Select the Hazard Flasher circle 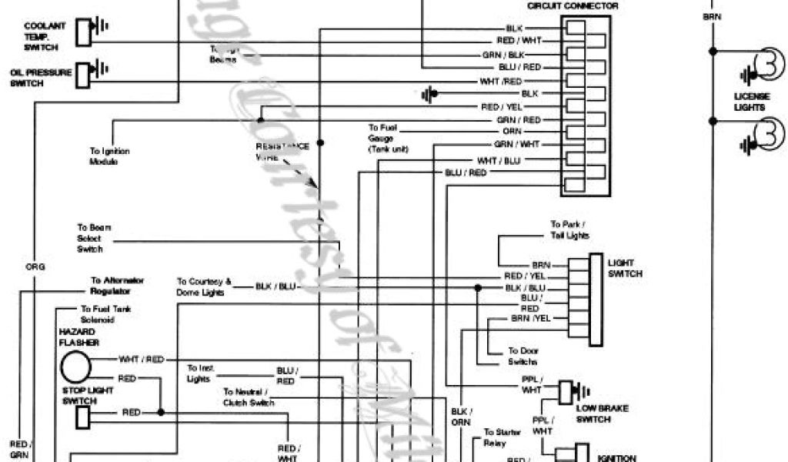pos(76,367)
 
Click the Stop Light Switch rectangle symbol pos(83,417)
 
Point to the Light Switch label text pos(625,268)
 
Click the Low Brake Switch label pos(604,413)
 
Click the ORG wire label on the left pos(35,267)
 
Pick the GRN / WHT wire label pos(518,144)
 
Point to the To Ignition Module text pos(109,156)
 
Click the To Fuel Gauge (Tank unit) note pos(388,137)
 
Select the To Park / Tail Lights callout pos(569,229)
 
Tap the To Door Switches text pos(523,356)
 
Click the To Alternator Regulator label pos(117,286)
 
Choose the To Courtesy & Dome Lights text pos(204,286)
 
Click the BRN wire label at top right pos(712,15)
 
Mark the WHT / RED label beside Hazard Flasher pos(142,359)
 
